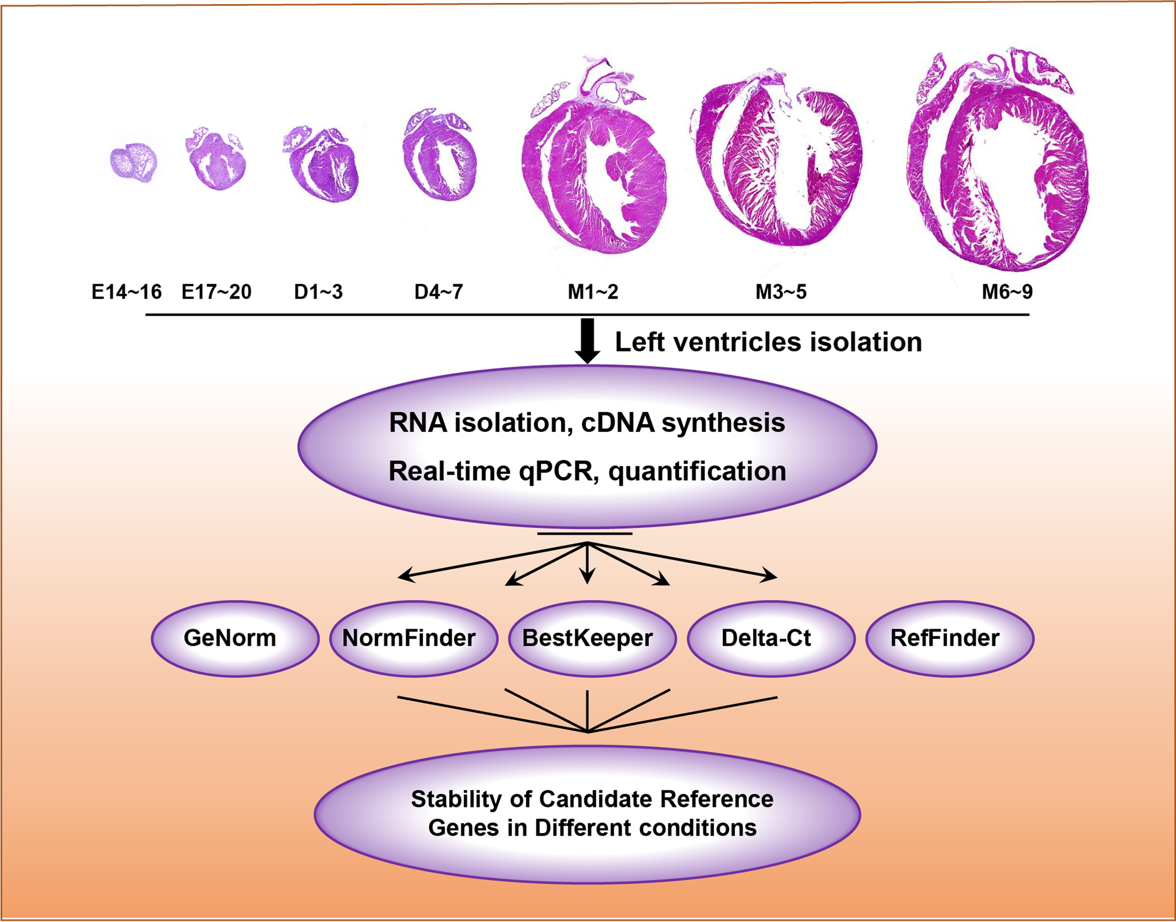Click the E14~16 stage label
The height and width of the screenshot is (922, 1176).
[x=127, y=292]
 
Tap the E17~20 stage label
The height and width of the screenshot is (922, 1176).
[x=217, y=292]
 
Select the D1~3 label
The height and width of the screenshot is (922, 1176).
[x=318, y=292]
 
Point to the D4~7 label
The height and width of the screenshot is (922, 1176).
[x=439, y=292]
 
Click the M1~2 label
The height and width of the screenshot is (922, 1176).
[x=593, y=292]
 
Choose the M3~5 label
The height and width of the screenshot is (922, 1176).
[x=781, y=292]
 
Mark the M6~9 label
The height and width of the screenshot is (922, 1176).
[x=1007, y=292]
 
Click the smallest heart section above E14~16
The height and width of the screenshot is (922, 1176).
[x=134, y=161]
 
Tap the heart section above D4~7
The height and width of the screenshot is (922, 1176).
[x=440, y=156]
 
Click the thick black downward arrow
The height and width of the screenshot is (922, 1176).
[x=587, y=341]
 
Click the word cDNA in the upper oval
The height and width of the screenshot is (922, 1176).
[x=618, y=423]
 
